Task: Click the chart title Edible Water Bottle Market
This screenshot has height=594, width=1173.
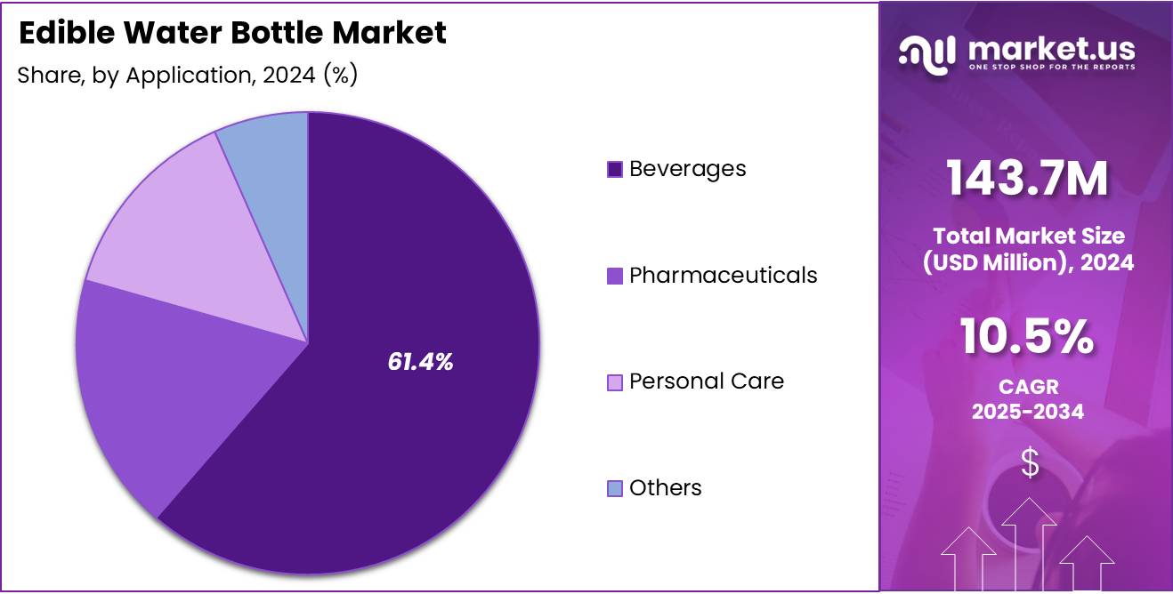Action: tap(232, 33)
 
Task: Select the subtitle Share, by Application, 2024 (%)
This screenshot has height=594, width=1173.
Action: tap(187, 75)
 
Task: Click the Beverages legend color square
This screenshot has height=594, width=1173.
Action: tap(614, 169)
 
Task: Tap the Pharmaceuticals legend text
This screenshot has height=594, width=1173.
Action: tap(723, 275)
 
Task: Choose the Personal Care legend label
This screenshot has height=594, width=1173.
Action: tap(706, 381)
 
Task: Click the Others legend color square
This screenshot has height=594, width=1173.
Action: tap(614, 488)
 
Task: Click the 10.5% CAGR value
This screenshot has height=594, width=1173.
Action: tap(1027, 338)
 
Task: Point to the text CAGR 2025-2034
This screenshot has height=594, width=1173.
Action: tap(1027, 399)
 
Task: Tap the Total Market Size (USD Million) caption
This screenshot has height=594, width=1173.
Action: tap(1027, 249)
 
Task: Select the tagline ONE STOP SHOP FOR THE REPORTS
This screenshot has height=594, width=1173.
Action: tap(1051, 67)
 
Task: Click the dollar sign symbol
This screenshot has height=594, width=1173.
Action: tap(1030, 462)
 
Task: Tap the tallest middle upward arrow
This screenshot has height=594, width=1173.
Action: tap(1030, 542)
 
